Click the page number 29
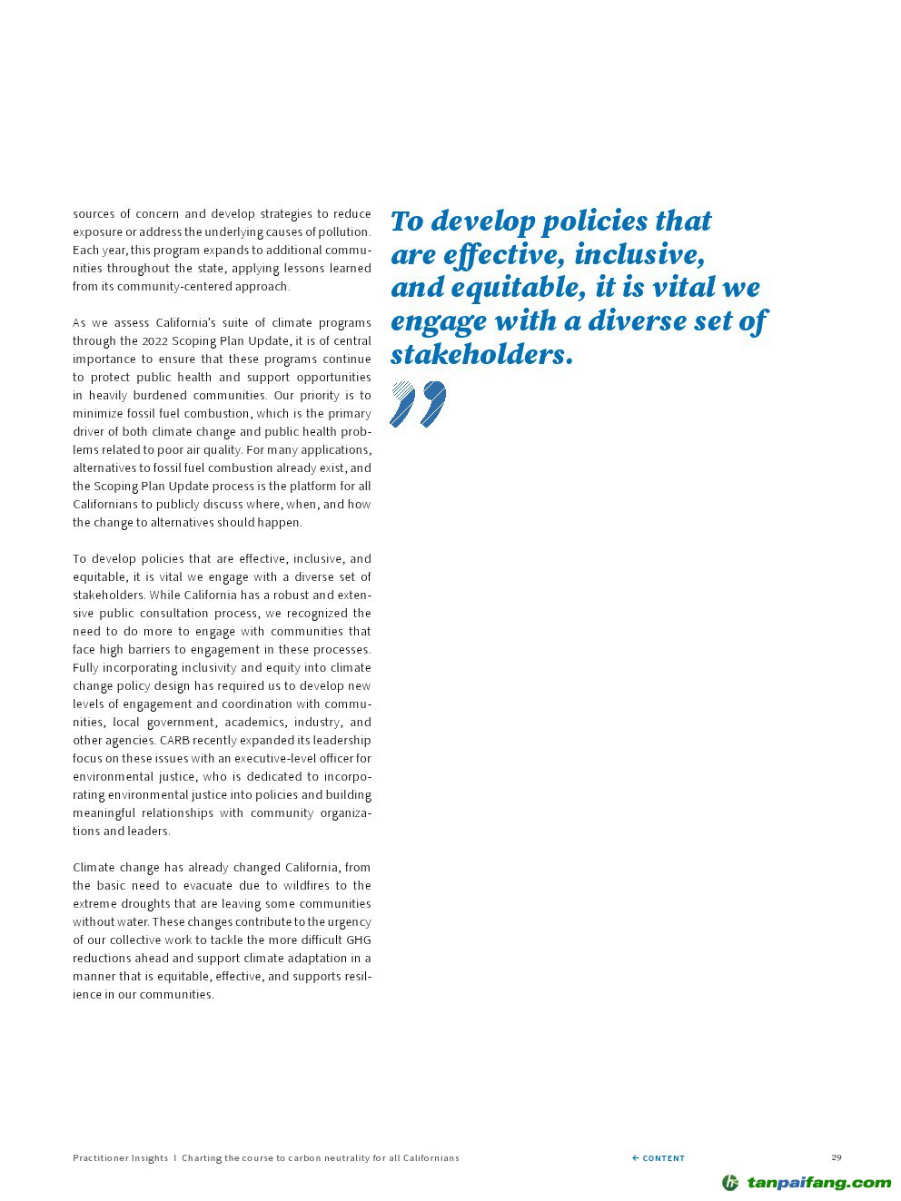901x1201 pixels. (x=836, y=1157)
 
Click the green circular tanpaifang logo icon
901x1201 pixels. (x=730, y=1182)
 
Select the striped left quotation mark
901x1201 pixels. (x=402, y=403)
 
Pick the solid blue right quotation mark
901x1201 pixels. (x=432, y=403)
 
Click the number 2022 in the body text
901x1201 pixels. (x=153, y=340)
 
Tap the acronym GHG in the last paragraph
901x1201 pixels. (x=358, y=940)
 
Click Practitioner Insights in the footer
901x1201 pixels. (x=120, y=1157)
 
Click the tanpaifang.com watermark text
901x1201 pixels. (x=818, y=1182)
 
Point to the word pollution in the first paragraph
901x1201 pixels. (x=343, y=231)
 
